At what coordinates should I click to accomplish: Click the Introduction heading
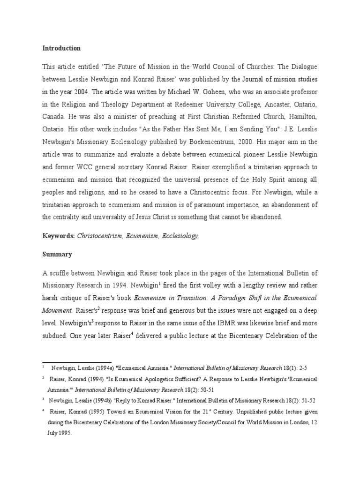(x=62, y=48)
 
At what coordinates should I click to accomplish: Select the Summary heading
(x=57, y=255)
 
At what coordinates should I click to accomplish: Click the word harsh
(x=52, y=298)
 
